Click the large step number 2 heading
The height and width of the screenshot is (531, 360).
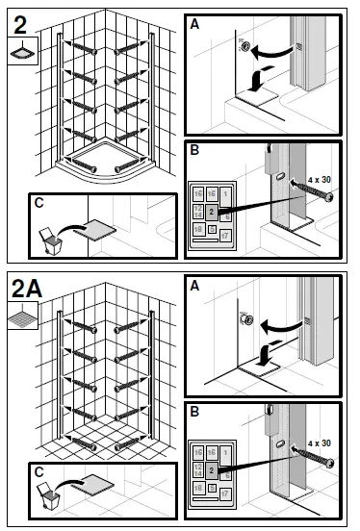[20, 19]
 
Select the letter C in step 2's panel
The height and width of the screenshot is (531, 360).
[38, 203]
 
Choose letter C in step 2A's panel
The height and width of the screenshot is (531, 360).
[38, 472]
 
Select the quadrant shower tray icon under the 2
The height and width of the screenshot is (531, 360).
[20, 52]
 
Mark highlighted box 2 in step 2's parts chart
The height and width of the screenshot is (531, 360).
[211, 211]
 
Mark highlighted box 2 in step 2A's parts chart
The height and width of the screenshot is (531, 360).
[211, 470]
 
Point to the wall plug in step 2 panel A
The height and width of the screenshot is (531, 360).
[247, 45]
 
